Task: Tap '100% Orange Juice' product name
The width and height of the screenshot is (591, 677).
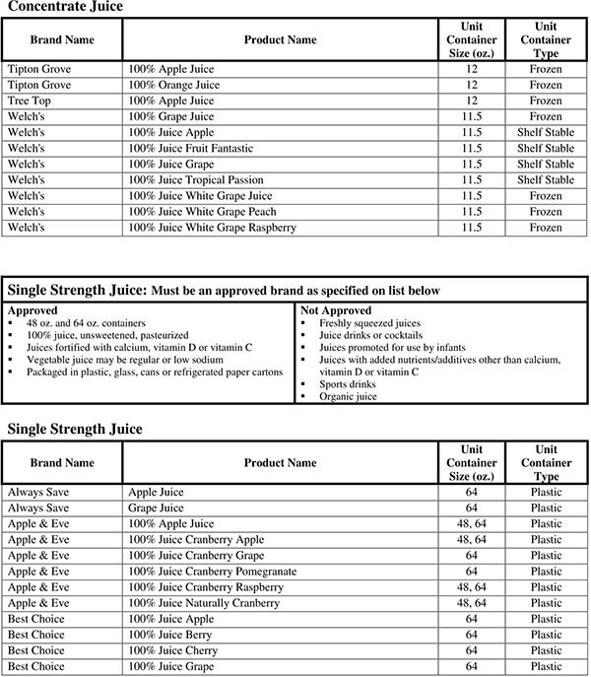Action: pyautogui.click(x=173, y=86)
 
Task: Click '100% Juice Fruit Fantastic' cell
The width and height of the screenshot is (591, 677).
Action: pyautogui.click(x=191, y=149)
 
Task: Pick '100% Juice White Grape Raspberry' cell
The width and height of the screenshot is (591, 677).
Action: pyautogui.click(x=212, y=228)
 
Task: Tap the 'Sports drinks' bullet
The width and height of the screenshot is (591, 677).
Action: pyautogui.click(x=348, y=385)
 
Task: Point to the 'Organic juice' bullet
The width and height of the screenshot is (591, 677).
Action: pyautogui.click(x=347, y=397)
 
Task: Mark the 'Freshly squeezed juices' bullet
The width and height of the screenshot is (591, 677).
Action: pyautogui.click(x=368, y=322)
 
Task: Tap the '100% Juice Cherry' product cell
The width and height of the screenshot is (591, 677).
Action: pyautogui.click(x=173, y=650)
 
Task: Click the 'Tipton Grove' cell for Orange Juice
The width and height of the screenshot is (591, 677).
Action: pyautogui.click(x=37, y=86)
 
